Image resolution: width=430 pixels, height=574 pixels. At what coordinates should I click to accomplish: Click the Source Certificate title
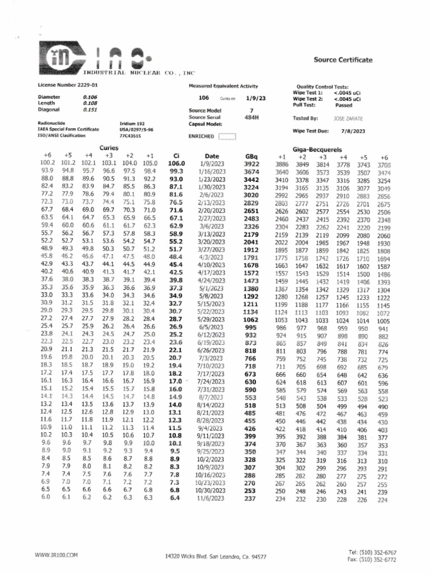[343, 59]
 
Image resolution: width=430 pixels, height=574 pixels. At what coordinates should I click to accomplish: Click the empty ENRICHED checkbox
[228, 136]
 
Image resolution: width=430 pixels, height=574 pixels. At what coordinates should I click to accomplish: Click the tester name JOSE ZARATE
[348, 119]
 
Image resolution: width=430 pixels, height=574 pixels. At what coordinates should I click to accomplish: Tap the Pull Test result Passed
[343, 105]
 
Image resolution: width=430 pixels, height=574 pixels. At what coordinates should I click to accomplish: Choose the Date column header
[212, 156]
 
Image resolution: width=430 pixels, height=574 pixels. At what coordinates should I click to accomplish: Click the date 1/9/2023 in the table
[212, 164]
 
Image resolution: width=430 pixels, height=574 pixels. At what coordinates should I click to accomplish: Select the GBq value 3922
[251, 164]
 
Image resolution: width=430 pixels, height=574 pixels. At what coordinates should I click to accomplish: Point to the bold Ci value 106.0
[176, 164]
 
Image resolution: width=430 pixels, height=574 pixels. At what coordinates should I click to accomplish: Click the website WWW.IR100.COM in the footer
[55, 555]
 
